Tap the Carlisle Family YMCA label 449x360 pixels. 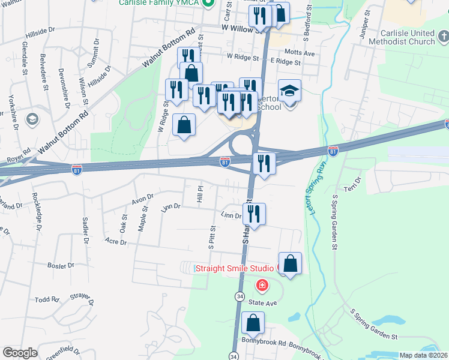pos(158,3)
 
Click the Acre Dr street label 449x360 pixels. pos(115,241)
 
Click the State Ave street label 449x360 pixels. pos(263,303)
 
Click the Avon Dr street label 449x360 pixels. pos(143,196)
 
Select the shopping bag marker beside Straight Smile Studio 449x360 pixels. pos(290,264)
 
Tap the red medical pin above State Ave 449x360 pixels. pos(262,284)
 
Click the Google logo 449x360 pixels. pos(20,353)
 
